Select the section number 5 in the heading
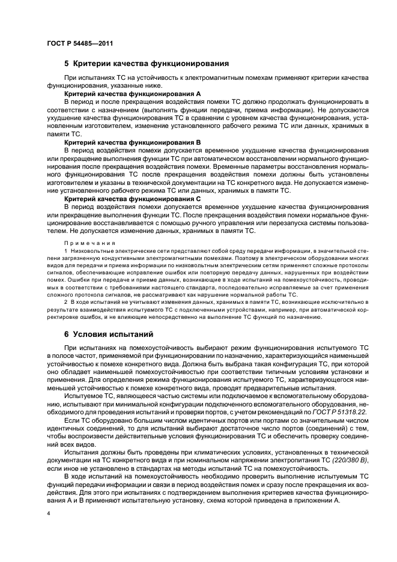click(67, 62)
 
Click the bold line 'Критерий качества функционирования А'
click(133, 94)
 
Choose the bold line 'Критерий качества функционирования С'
click(133, 198)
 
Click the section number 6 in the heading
click(67, 333)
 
